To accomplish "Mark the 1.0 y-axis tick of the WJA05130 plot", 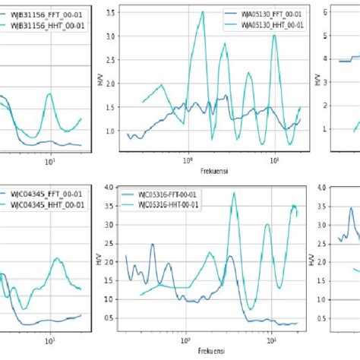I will click(111, 131).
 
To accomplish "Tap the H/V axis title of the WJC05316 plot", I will click(101, 259).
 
